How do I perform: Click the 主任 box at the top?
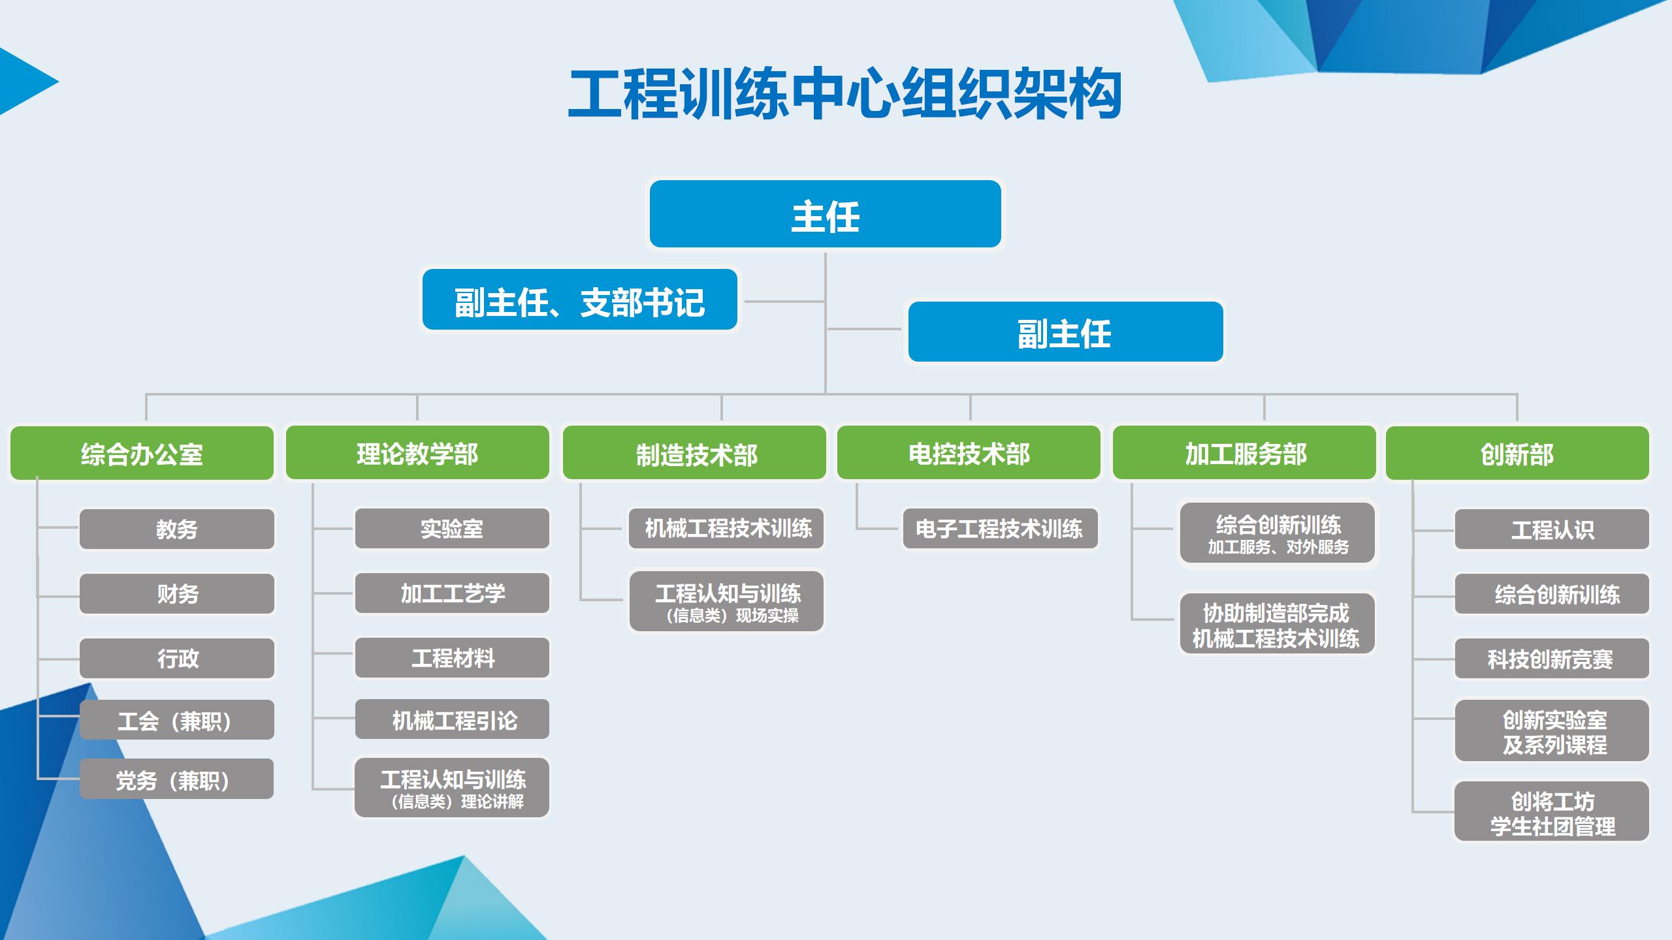pos(825,215)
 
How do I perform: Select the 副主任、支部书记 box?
pos(579,300)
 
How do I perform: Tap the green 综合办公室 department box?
pos(142,454)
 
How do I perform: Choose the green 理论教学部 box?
pos(417,454)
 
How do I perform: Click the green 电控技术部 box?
pos(969,454)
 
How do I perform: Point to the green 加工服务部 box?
pos(1244,454)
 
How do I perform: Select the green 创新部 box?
pos(1517,454)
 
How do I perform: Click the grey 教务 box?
pos(176,529)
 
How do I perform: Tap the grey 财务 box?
pos(176,593)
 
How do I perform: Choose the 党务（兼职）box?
pos(176,779)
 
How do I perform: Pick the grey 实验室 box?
pos(452,528)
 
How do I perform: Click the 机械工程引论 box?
pos(452,719)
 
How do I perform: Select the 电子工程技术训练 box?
pos(999,528)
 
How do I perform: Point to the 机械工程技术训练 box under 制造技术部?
pos(726,528)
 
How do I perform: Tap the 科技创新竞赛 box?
pos(1552,659)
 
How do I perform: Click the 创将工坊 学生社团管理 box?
pos(1552,812)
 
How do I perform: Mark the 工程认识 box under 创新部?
pos(1552,529)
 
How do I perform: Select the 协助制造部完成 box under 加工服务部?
pos(1277,624)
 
